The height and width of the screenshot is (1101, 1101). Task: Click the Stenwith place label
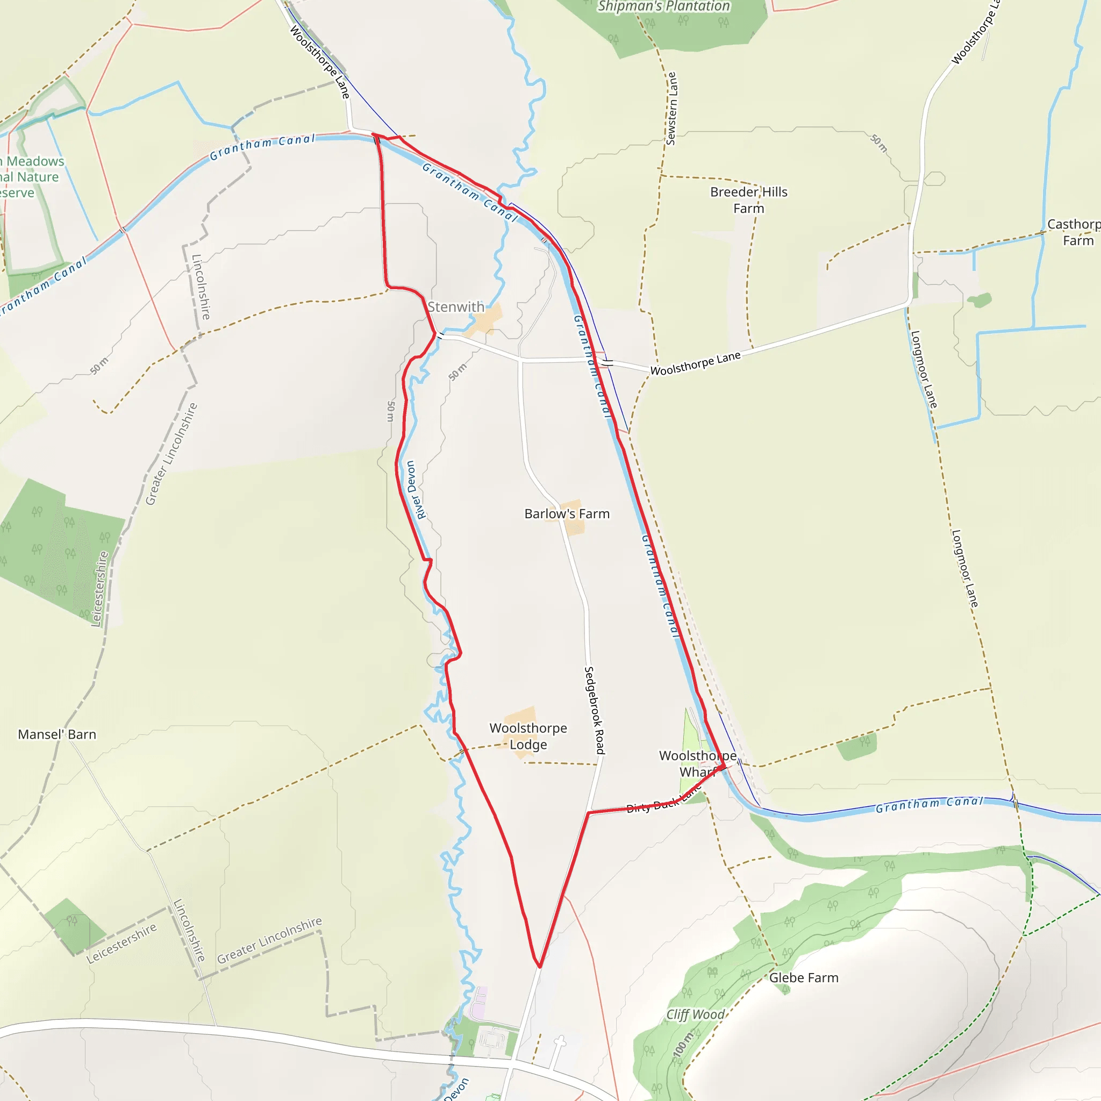(x=455, y=307)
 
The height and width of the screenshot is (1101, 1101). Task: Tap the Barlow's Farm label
(x=567, y=514)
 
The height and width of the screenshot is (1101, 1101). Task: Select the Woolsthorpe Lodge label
(x=528, y=737)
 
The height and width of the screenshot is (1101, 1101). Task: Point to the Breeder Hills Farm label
(x=748, y=200)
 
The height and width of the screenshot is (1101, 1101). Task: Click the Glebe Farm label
(x=804, y=978)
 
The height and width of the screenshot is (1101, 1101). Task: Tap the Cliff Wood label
(x=695, y=1014)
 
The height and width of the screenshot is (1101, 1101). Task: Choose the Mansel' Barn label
(x=57, y=734)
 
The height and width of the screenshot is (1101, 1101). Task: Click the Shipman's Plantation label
(x=663, y=6)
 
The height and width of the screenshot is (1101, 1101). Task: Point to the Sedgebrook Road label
(x=595, y=710)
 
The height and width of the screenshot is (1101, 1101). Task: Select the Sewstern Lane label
(x=671, y=108)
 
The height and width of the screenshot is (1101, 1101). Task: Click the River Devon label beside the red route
(x=415, y=490)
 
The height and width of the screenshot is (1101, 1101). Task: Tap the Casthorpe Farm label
(x=1075, y=232)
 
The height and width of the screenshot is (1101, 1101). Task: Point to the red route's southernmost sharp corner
(x=539, y=967)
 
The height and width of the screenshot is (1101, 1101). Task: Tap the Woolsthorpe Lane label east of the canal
(x=695, y=363)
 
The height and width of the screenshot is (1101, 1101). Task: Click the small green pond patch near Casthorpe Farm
(x=979, y=300)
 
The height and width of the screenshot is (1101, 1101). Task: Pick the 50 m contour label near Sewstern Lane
(x=879, y=143)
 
